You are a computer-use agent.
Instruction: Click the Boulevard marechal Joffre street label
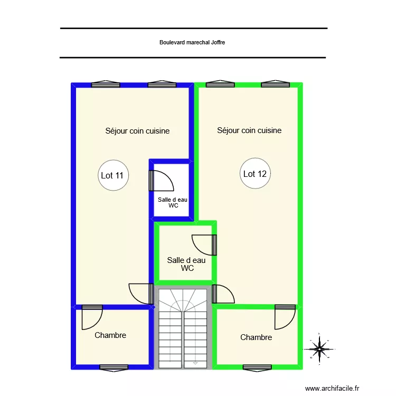192,42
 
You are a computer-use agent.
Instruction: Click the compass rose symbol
319,350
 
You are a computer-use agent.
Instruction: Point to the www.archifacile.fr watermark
332,389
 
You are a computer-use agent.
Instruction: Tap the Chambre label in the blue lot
110,335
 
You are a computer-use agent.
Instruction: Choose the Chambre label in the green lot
256,337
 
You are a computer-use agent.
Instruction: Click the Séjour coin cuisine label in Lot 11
137,131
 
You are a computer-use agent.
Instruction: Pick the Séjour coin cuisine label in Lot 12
249,130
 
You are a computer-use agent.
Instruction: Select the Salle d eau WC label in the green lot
186,264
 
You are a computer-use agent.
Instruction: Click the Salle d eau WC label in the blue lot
173,203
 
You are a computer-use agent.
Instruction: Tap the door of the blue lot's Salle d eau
162,181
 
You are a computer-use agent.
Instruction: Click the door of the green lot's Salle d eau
204,245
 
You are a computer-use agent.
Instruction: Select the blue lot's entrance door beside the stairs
141,294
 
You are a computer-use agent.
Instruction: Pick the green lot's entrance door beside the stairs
223,294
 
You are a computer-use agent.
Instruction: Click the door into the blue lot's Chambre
92,317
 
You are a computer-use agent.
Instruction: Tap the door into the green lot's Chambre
285,317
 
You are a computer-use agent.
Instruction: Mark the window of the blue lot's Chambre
114,368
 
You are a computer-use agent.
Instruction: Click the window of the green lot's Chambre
257,368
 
